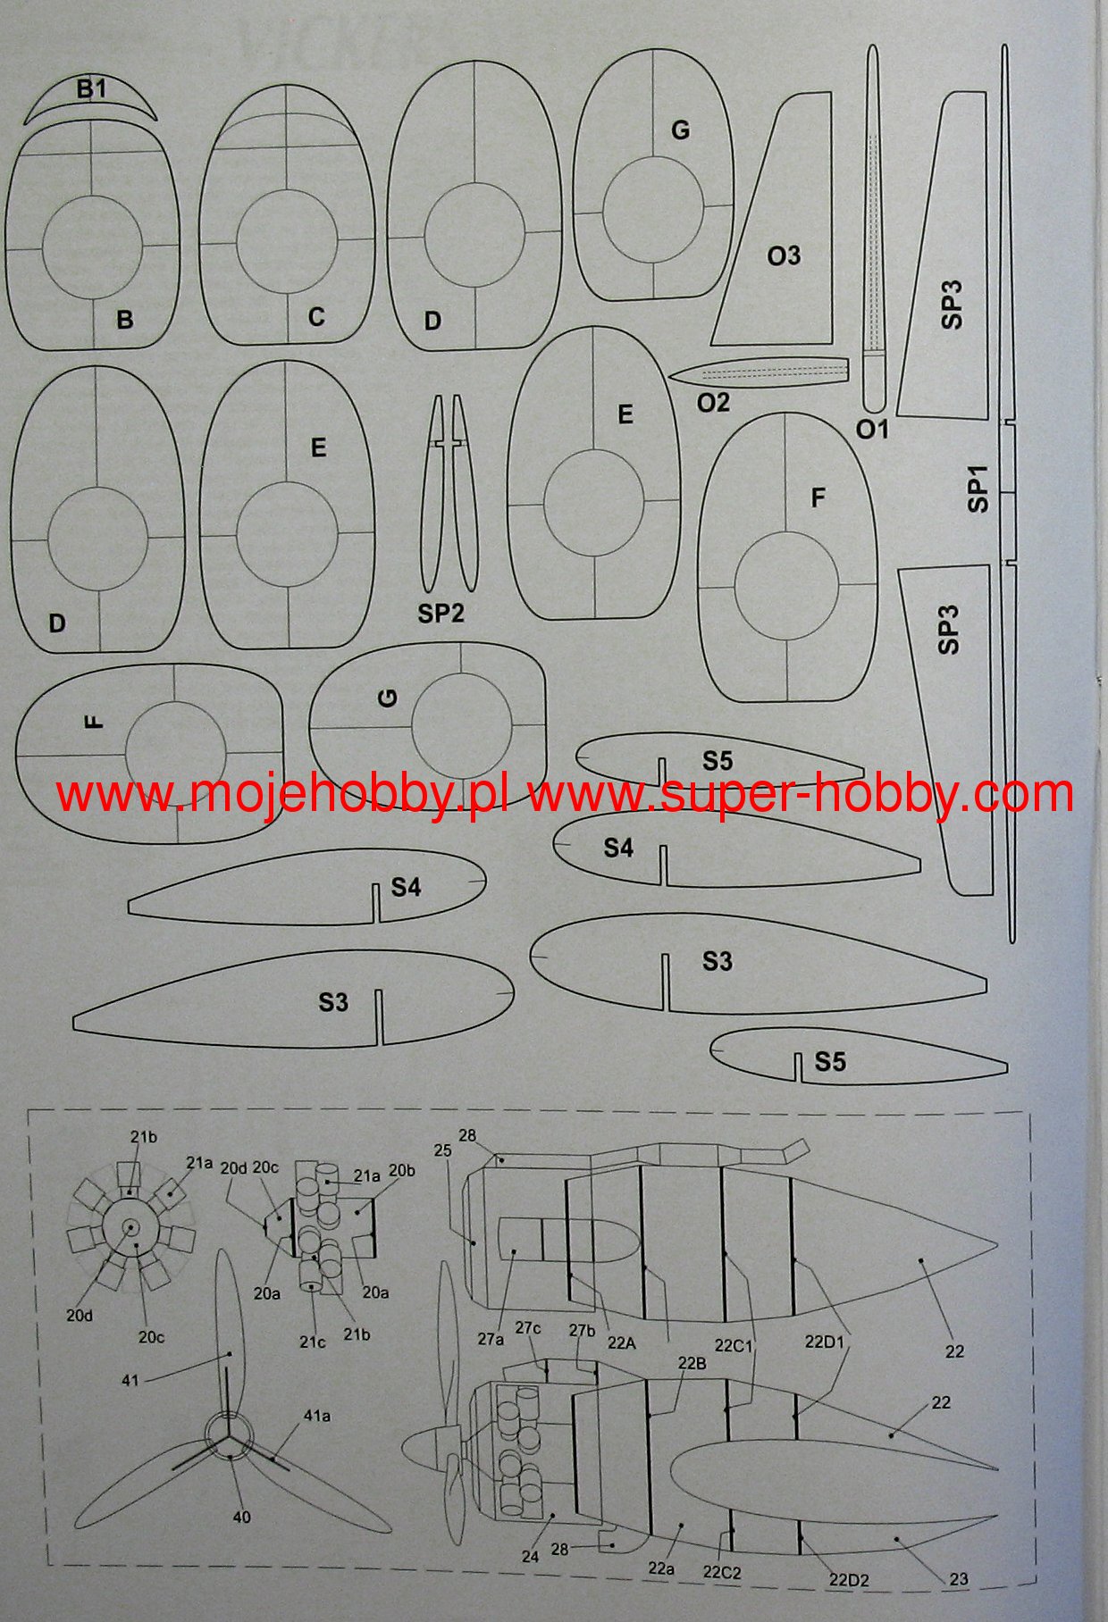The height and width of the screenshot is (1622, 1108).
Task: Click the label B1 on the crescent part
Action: [x=91, y=90]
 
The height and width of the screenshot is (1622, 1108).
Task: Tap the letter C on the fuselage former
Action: [x=316, y=317]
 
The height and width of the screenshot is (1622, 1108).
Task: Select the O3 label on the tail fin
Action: [x=784, y=256]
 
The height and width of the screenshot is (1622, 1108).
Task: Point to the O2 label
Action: [x=713, y=403]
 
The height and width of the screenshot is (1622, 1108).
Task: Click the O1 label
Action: [x=872, y=430]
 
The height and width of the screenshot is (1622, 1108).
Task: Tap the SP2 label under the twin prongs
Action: [x=441, y=613]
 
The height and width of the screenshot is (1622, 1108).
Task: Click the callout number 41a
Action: [x=317, y=1416]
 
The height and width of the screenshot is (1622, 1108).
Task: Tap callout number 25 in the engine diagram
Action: [x=443, y=1152]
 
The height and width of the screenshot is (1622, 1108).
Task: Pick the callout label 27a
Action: [x=491, y=1339]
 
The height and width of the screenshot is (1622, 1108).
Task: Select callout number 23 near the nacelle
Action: [x=958, y=1580]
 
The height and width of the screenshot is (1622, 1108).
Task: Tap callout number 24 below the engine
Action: [x=530, y=1556]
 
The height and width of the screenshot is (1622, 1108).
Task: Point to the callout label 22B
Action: [x=692, y=1363]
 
